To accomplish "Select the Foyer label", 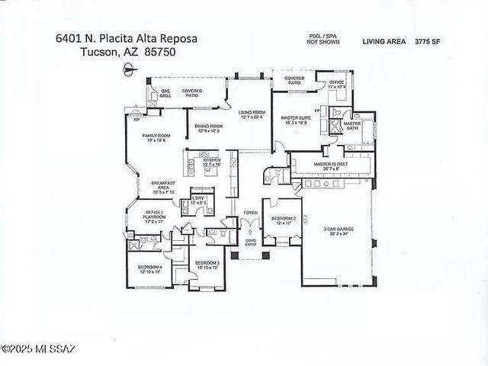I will point(249,213).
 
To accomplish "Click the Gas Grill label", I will point(165,95).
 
